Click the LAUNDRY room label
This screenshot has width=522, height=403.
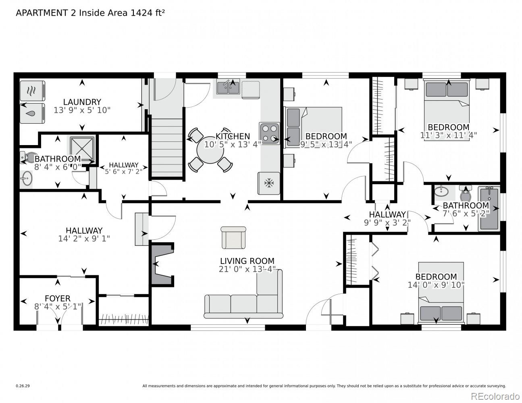pos(82,102)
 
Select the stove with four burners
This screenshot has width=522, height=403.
pos(269,133)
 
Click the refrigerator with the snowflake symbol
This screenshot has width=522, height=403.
pos(268,183)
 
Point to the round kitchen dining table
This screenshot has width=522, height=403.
pos(210,150)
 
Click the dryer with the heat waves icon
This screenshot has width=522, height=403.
pos(32,91)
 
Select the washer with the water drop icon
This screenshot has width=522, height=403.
pos(32,113)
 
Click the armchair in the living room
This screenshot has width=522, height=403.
pos(233,237)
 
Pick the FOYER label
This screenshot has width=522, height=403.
pos(58,299)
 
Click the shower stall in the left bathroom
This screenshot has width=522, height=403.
pos(82,149)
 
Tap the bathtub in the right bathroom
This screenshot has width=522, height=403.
pos(489,208)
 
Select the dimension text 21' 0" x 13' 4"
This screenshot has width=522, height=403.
pos(247,269)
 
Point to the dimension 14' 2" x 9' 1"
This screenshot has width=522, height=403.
pos(84,239)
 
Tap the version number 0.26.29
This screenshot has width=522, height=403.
pos(23,386)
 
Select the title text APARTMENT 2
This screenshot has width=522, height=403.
pos(46,13)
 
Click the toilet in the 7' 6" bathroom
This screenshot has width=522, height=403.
pos(466,193)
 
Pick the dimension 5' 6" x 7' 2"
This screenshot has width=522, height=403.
pos(124,172)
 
